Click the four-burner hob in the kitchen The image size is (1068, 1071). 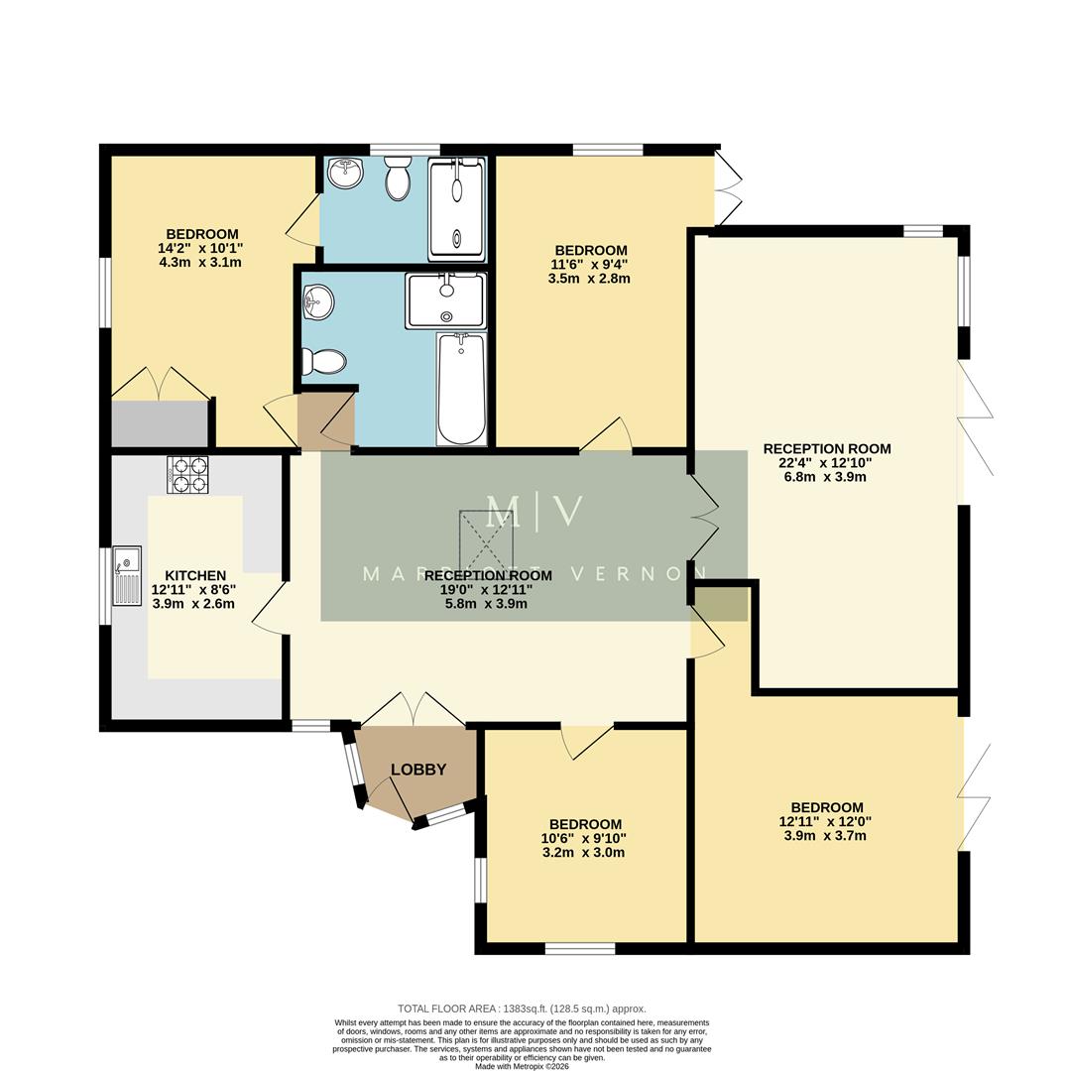[187, 474]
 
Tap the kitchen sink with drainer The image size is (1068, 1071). [127, 576]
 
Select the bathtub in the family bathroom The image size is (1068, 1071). [461, 389]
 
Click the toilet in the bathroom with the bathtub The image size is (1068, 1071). [323, 361]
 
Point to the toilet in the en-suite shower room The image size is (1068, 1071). [398, 178]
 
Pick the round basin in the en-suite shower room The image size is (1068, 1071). [344, 174]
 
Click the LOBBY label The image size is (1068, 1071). [417, 770]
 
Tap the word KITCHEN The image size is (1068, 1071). [195, 575]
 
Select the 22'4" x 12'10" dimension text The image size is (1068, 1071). [826, 462]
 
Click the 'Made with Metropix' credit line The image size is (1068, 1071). [522, 1066]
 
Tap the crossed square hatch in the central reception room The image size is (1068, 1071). [487, 541]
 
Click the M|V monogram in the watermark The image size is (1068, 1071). [534, 512]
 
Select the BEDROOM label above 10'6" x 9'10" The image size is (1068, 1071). [585, 824]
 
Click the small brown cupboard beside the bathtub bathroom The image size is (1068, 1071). [326, 419]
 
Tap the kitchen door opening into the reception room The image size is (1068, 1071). [271, 607]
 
